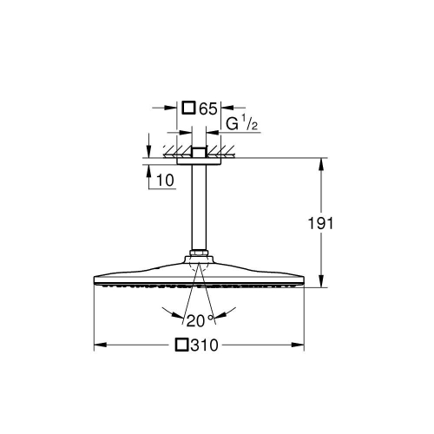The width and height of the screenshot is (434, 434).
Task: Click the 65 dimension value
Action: (x=207, y=108)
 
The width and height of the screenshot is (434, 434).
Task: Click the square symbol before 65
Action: (x=188, y=108)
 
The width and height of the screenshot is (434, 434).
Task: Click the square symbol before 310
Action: (x=181, y=345)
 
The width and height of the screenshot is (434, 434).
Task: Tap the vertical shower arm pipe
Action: (x=199, y=208)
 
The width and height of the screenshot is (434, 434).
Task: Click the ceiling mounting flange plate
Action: (x=199, y=161)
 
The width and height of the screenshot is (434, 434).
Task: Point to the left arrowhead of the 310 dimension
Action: (x=97, y=345)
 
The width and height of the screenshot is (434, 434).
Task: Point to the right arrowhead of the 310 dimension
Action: (x=300, y=345)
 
